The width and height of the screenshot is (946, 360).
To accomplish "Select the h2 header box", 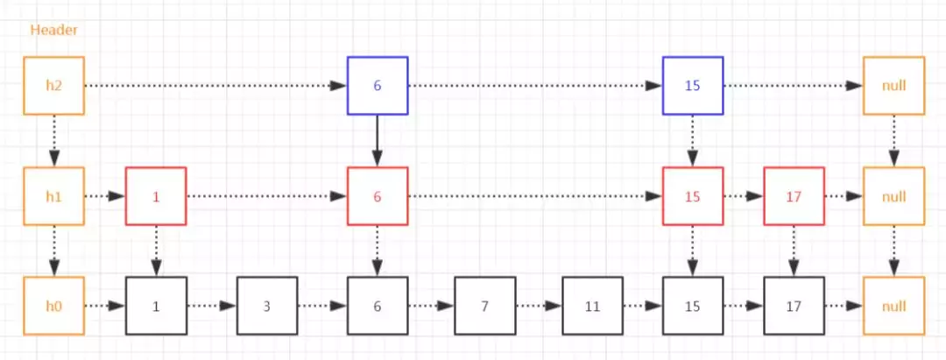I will click(53, 86).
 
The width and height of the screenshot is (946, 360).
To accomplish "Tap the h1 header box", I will click(53, 196).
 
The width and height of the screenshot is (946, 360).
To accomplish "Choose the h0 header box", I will click(53, 307).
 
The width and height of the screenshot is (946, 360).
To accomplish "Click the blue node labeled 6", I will click(378, 86).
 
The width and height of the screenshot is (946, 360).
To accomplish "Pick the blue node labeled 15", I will click(693, 86).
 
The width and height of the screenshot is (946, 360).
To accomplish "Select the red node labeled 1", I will click(156, 196).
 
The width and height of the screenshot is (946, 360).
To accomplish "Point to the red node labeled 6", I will click(378, 196).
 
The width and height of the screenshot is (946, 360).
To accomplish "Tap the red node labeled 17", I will click(794, 196).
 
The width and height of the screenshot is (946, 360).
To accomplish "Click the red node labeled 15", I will click(693, 196).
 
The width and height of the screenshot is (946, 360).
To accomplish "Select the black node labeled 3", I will click(267, 307).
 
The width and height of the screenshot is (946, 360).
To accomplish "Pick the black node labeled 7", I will click(484, 307).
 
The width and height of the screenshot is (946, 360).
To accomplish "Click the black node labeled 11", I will click(593, 307).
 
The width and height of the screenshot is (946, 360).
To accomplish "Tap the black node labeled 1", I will click(156, 307).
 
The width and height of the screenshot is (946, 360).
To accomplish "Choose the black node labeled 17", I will click(794, 307).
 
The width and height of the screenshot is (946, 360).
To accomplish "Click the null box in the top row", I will click(893, 86).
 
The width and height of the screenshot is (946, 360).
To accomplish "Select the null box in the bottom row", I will click(893, 307).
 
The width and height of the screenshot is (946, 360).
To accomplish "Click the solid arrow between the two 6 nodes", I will click(378, 141).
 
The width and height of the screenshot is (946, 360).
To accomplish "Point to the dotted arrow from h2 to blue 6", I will click(215, 86).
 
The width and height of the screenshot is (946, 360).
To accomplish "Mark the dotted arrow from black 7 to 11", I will click(539, 307).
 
